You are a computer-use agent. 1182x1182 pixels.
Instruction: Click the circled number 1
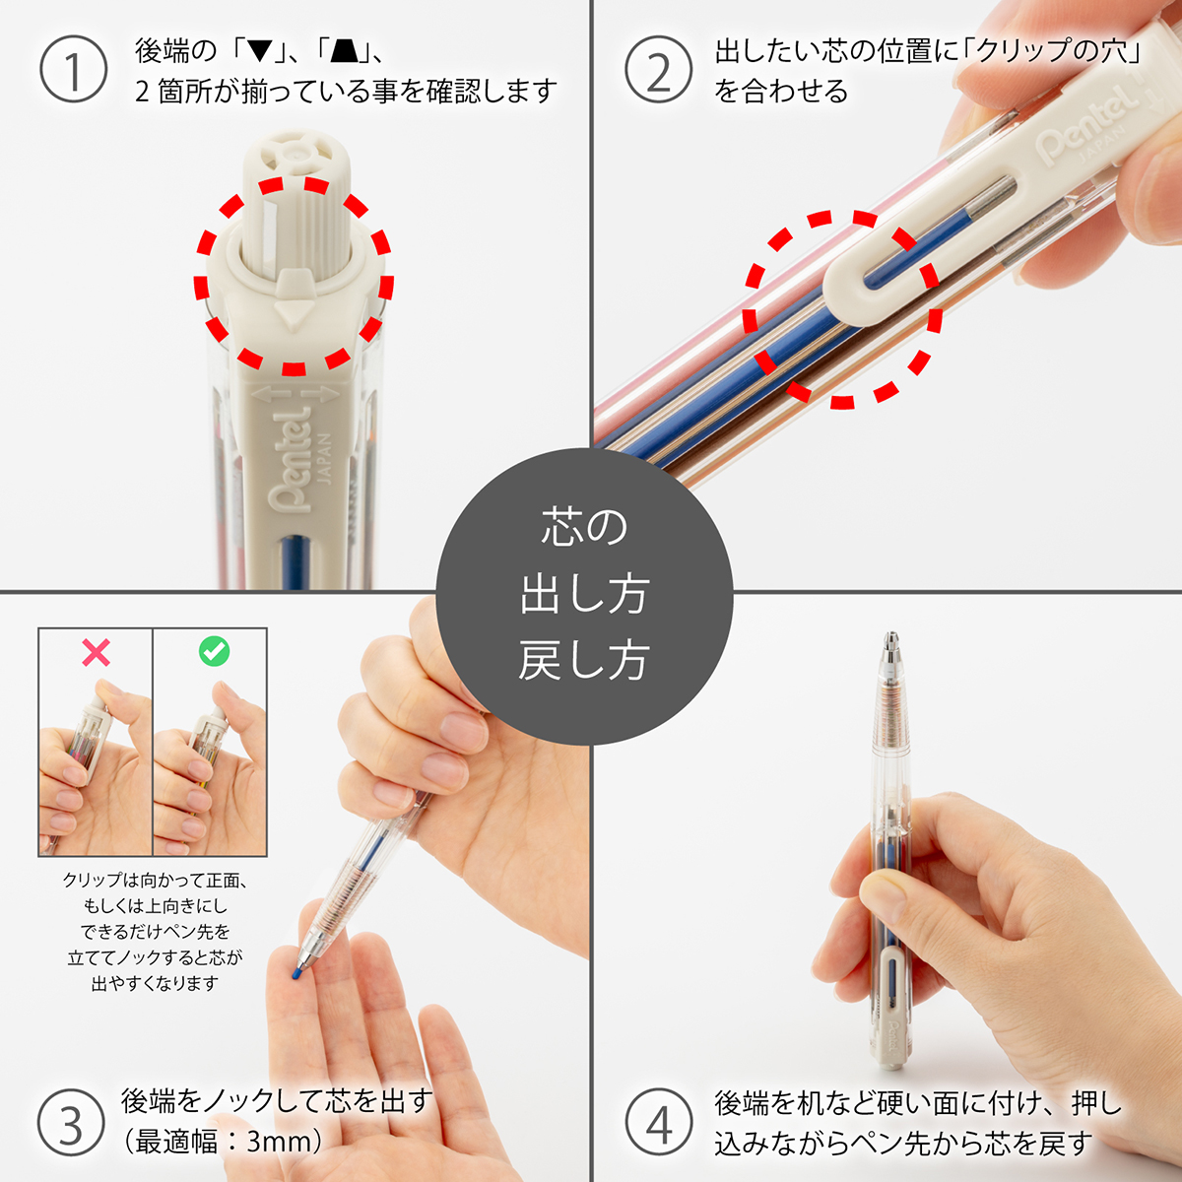[x=73, y=70]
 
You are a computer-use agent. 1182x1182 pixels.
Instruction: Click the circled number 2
[x=658, y=70]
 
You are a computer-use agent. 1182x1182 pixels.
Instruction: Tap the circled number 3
[x=71, y=1123]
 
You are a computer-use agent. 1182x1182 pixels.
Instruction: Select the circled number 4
[x=658, y=1123]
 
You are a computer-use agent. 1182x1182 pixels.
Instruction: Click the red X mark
[x=96, y=652]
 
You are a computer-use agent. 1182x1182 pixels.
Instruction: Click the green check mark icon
[x=214, y=651]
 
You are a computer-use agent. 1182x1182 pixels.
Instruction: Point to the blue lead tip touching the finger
[x=296, y=973]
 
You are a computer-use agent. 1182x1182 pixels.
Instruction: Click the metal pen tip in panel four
[x=891, y=650]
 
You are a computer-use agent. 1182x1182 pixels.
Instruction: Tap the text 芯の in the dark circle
[x=583, y=528]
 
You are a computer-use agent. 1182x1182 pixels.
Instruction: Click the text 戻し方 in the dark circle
[x=583, y=661]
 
